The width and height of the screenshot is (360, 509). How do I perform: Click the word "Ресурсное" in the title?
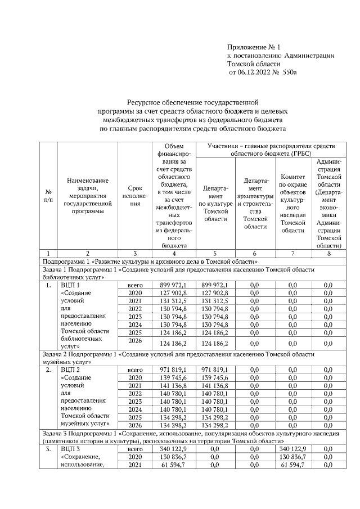[x=148, y=102]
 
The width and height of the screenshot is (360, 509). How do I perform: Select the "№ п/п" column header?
[x=48, y=196]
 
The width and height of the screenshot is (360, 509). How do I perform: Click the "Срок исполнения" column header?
[x=134, y=196]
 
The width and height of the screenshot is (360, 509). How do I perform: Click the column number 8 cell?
[x=328, y=254]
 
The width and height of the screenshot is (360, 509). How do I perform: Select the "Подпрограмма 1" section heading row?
[x=150, y=262]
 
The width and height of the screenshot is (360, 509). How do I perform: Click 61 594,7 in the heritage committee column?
[x=292, y=465]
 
